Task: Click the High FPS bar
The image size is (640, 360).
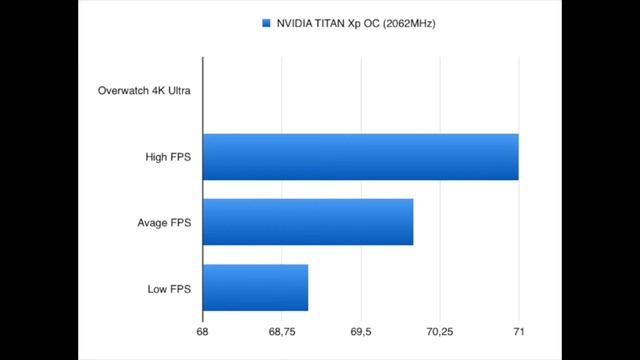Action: [360, 156]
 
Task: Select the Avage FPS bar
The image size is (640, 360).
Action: [307, 222]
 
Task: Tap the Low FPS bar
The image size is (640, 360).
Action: [255, 288]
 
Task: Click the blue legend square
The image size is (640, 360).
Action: [266, 22]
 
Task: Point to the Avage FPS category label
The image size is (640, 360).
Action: [164, 223]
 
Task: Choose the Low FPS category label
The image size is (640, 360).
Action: [169, 289]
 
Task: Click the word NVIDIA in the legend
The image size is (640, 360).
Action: [297, 22]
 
